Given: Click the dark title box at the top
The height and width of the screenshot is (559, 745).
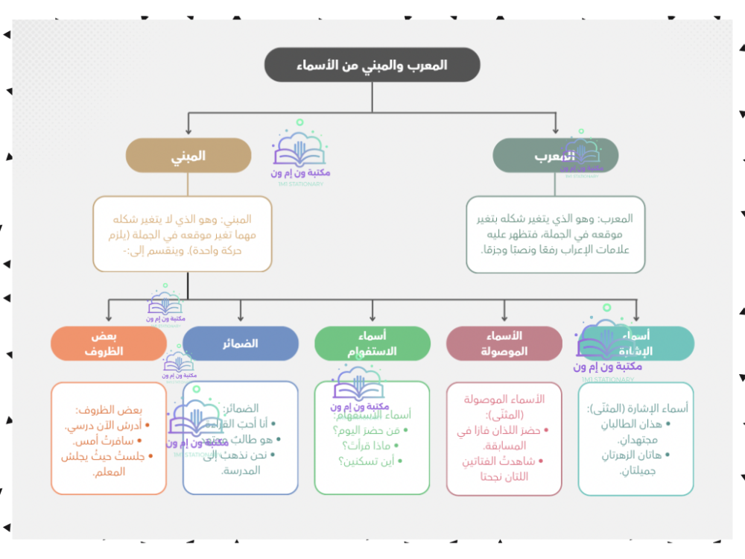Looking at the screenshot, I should (x=372, y=65).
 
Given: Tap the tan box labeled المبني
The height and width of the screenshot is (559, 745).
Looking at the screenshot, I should (x=187, y=156).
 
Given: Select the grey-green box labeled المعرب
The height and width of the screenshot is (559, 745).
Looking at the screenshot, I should (x=555, y=156).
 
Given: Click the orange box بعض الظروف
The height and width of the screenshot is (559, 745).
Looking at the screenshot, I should (x=109, y=344).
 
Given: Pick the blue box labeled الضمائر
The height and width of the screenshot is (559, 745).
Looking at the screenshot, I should (x=240, y=344).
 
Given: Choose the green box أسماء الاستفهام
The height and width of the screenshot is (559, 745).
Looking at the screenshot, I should (x=372, y=344).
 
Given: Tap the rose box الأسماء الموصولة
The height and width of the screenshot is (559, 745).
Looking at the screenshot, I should (x=504, y=344).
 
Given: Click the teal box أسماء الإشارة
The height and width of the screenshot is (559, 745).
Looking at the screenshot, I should (x=635, y=344).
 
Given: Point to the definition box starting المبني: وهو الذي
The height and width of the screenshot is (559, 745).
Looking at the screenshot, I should (x=183, y=234).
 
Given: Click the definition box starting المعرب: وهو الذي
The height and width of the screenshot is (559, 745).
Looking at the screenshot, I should (x=555, y=234).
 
